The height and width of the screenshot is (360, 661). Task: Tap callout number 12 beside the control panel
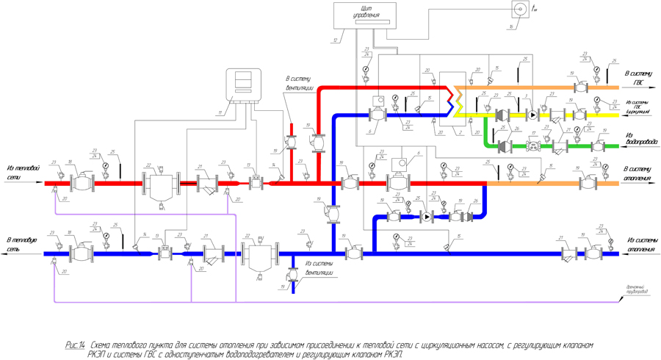(336, 40)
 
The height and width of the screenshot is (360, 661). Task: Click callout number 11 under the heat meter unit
(220, 112)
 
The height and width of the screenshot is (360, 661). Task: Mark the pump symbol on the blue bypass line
(427, 217)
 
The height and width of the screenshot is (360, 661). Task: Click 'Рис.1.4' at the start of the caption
(75, 345)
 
